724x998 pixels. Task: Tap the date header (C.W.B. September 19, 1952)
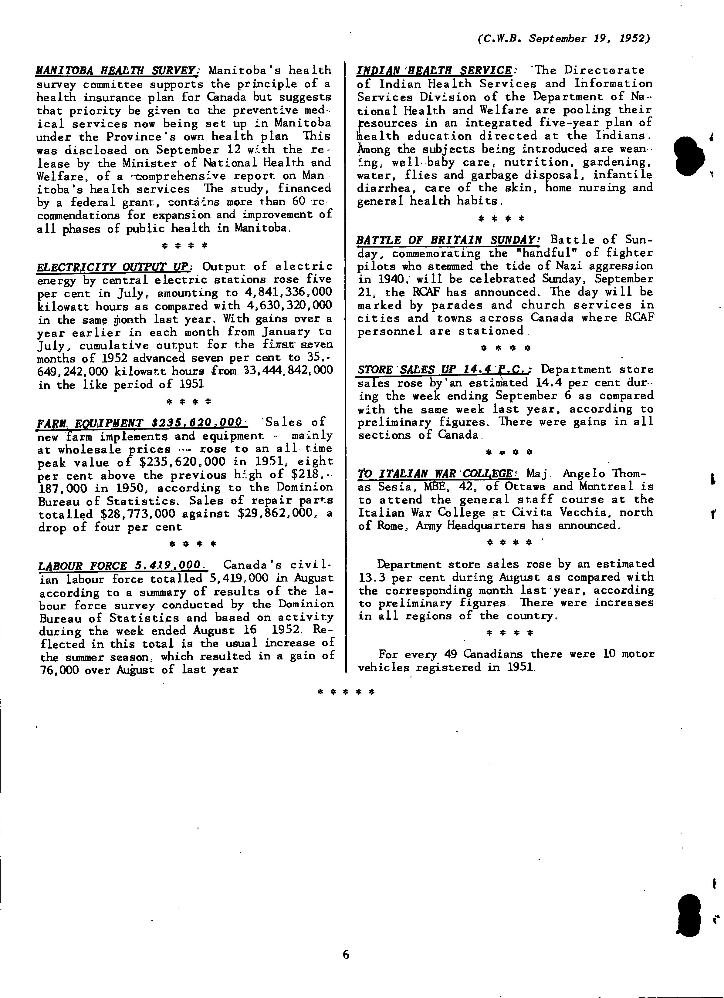pyautogui.click(x=563, y=39)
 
